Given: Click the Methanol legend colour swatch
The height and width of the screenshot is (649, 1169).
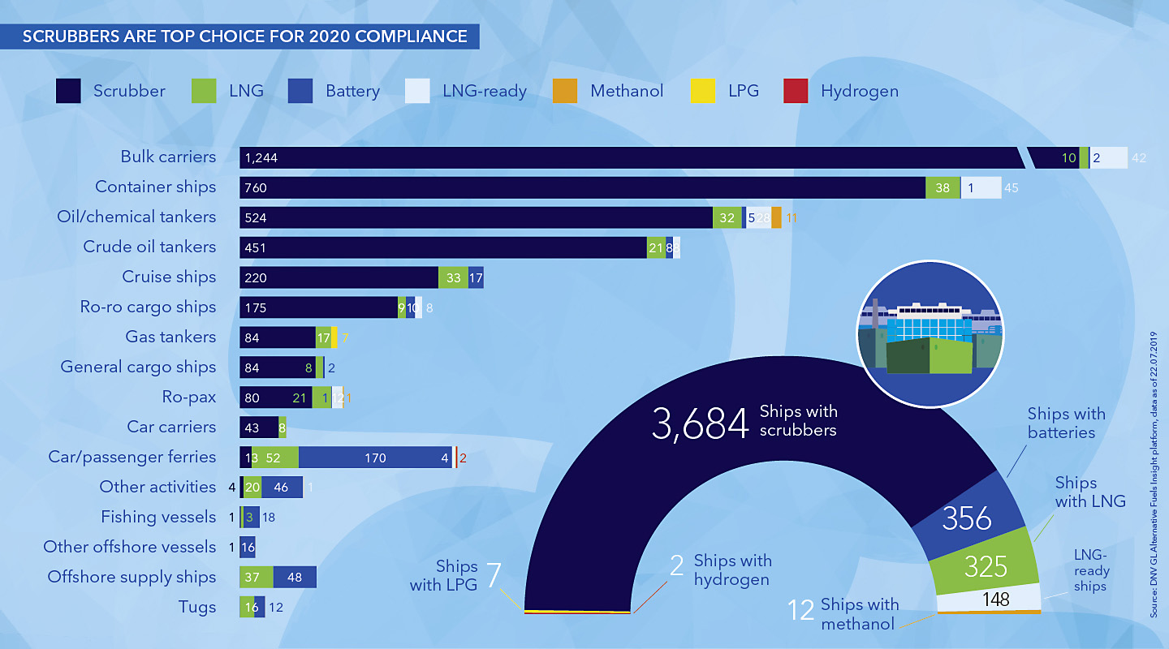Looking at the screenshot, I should (x=566, y=91).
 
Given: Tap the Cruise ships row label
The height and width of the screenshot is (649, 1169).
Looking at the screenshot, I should (x=169, y=277).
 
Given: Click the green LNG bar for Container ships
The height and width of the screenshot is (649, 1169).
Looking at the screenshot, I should (x=943, y=187).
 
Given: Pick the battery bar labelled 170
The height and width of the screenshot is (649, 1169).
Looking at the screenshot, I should (x=375, y=458).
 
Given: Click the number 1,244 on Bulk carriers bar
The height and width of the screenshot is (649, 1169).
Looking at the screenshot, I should (x=261, y=157).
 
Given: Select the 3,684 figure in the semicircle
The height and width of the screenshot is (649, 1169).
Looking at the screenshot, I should (x=700, y=424).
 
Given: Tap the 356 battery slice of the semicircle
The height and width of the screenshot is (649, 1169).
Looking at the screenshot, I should (x=967, y=518).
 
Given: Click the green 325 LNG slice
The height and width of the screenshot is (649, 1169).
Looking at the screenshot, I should (x=986, y=565).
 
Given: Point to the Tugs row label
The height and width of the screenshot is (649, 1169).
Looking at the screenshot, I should (x=197, y=607).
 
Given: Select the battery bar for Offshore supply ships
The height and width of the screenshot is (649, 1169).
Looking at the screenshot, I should (x=295, y=577).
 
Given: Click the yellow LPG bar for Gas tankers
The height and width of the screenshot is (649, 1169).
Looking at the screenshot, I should (x=334, y=337).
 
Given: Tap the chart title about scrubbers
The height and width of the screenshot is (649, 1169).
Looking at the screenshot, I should (x=244, y=37).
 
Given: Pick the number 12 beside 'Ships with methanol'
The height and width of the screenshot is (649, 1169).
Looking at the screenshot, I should (x=801, y=609).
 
